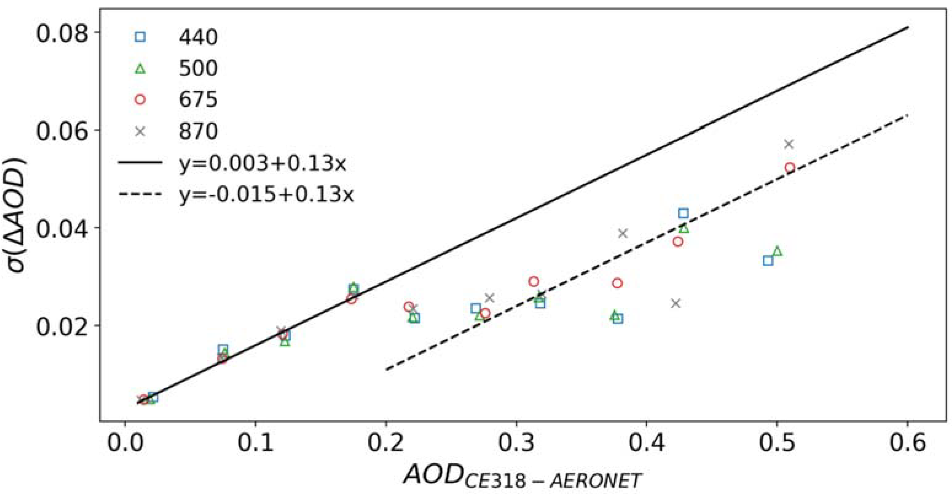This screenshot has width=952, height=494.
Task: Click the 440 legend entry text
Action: (x=198, y=37)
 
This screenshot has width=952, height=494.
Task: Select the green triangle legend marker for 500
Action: (x=140, y=69)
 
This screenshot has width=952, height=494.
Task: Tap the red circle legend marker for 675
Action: (x=140, y=100)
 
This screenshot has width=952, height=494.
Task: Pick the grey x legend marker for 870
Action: (x=140, y=131)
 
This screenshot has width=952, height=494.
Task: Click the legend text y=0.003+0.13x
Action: (x=262, y=163)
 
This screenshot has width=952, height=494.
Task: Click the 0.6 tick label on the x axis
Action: (x=907, y=443)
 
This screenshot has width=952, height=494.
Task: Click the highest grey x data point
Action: (x=789, y=144)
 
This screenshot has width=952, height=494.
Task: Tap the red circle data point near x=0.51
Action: (x=790, y=168)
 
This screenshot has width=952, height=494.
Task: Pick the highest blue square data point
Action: (x=683, y=213)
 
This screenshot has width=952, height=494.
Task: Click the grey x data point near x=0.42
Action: (x=676, y=303)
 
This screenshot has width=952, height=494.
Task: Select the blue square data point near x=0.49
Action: (x=768, y=261)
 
